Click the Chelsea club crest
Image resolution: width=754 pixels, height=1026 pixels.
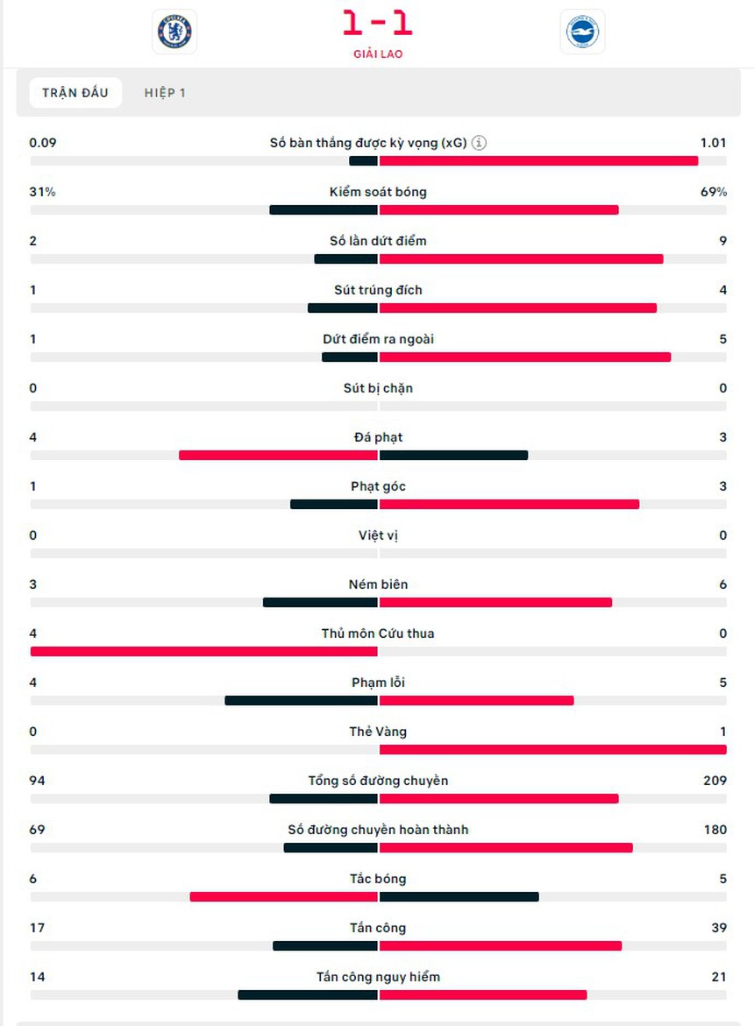[x=174, y=32]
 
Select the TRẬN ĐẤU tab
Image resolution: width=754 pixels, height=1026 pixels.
[x=75, y=93]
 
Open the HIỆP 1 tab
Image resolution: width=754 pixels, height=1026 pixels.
[x=165, y=93]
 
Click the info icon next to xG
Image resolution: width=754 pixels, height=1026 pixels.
[x=479, y=143]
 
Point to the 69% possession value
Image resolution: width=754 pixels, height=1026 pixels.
[x=713, y=192]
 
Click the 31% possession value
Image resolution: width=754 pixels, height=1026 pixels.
[x=42, y=192]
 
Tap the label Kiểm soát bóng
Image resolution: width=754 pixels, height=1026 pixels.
[x=378, y=192]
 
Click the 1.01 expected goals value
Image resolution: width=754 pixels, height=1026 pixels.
[x=713, y=143]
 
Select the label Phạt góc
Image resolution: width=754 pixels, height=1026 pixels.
[x=378, y=486]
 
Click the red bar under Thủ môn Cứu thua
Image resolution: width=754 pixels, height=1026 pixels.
[x=203, y=651]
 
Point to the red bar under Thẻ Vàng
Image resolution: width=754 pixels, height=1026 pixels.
[x=552, y=749]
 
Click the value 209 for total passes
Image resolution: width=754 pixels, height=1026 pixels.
[x=714, y=781]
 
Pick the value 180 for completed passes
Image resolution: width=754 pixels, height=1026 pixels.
[x=715, y=830]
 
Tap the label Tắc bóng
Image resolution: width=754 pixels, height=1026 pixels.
[x=378, y=879]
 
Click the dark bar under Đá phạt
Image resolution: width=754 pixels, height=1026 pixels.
[x=453, y=455]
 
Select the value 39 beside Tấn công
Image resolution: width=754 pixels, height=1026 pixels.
[x=718, y=928]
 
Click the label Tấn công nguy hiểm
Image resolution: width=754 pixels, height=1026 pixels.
[x=378, y=977]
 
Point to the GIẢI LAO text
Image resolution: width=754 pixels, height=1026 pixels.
[x=377, y=53]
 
